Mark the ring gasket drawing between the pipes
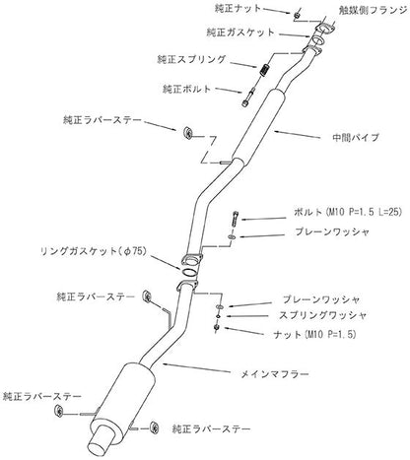coord(188,263)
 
